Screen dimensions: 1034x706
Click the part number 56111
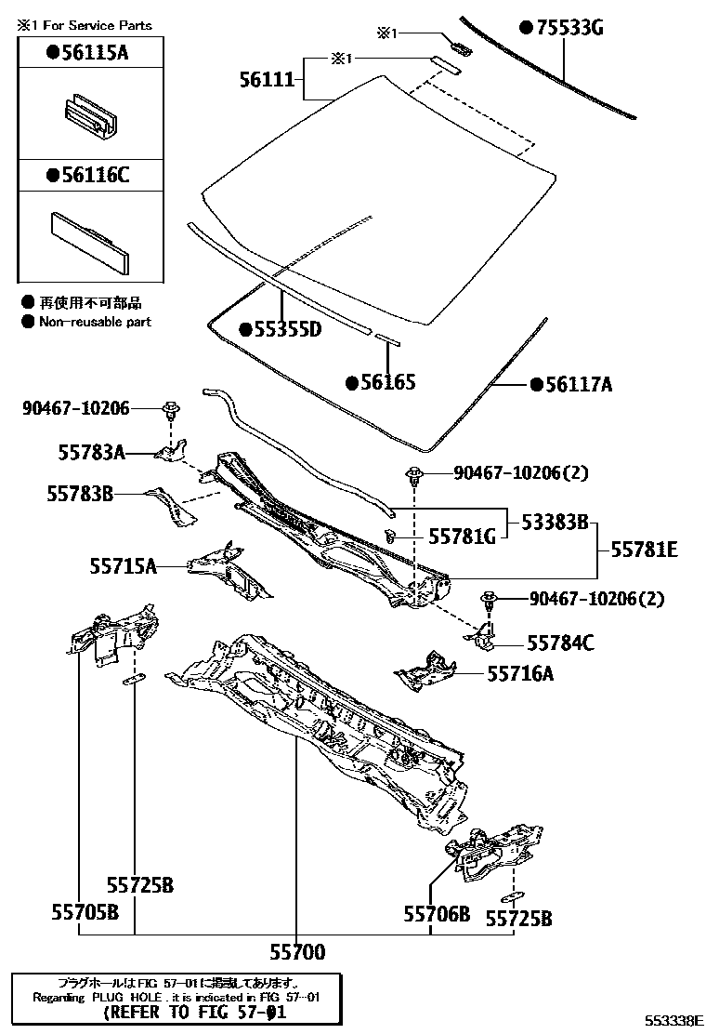tap(267, 82)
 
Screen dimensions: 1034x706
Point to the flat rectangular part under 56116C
tap(85, 240)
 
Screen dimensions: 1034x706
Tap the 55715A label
tap(123, 564)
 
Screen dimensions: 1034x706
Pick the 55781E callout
tap(644, 550)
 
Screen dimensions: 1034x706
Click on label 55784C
tap(560, 643)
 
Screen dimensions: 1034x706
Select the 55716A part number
tap(520, 674)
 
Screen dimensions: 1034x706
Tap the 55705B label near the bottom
tap(85, 912)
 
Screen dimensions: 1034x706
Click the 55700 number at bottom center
tap(297, 951)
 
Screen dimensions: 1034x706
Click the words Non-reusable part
tap(94, 322)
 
